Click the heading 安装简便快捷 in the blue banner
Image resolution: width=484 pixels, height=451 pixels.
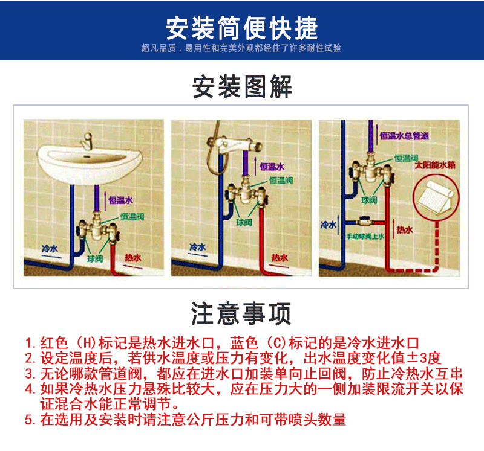[x=241, y=27]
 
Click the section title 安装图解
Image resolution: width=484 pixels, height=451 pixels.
[x=241, y=88]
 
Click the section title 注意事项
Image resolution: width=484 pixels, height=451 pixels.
[x=241, y=313]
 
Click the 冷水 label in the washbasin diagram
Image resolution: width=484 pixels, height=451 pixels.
[x=50, y=248]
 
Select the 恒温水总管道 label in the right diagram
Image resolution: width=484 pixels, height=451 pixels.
[x=404, y=137]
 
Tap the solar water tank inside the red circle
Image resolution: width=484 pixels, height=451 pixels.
[x=434, y=194]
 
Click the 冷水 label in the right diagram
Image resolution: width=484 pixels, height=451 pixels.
[x=328, y=225]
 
